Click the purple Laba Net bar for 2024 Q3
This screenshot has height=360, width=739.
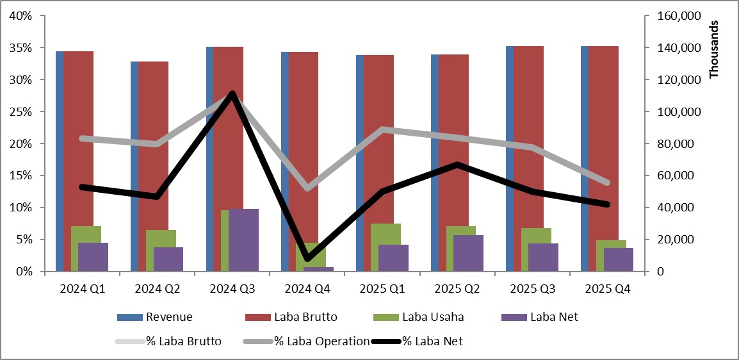[243, 240]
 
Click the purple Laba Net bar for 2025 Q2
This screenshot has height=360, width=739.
[469, 253]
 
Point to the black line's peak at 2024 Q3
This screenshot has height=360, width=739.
[232, 94]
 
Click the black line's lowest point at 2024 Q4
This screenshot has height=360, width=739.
[308, 259]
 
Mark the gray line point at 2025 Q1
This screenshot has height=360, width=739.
[383, 129]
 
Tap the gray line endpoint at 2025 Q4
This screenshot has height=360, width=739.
[608, 183]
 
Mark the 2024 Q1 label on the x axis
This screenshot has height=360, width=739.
[82, 289]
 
